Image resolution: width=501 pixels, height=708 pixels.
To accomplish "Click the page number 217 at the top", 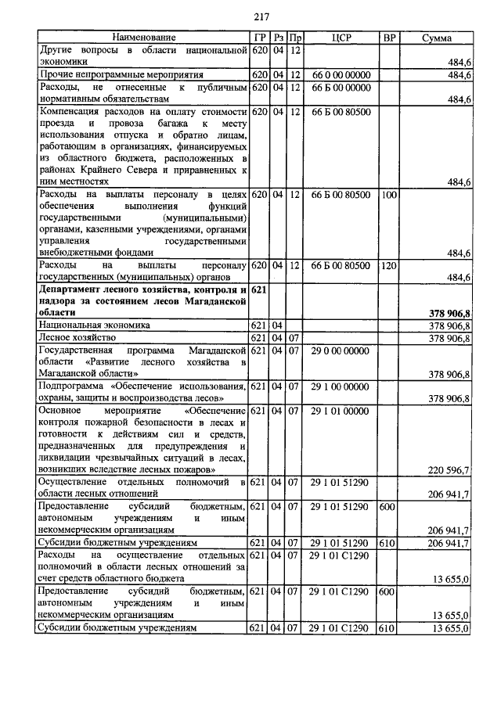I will coord(261,17).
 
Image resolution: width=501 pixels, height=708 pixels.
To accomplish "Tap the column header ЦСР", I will coord(341,38).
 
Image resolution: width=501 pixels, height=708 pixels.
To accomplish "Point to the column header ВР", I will coord(388,38).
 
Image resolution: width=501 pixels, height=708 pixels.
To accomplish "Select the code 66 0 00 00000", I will coord(341,75).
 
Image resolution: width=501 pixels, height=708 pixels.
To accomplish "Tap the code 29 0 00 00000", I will coord(341,351).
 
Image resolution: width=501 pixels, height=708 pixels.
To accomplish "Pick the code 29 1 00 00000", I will coord(341,386).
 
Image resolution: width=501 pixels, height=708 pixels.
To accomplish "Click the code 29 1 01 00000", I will coord(341,410).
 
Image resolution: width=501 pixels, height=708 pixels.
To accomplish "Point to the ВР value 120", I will coord(388,266).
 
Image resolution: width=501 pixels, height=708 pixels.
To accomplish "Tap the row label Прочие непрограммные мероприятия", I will coord(121,75).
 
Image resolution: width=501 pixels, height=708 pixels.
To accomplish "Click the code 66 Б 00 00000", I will coord(341,88).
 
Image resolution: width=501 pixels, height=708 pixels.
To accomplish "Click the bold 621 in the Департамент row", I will coord(260,289).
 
